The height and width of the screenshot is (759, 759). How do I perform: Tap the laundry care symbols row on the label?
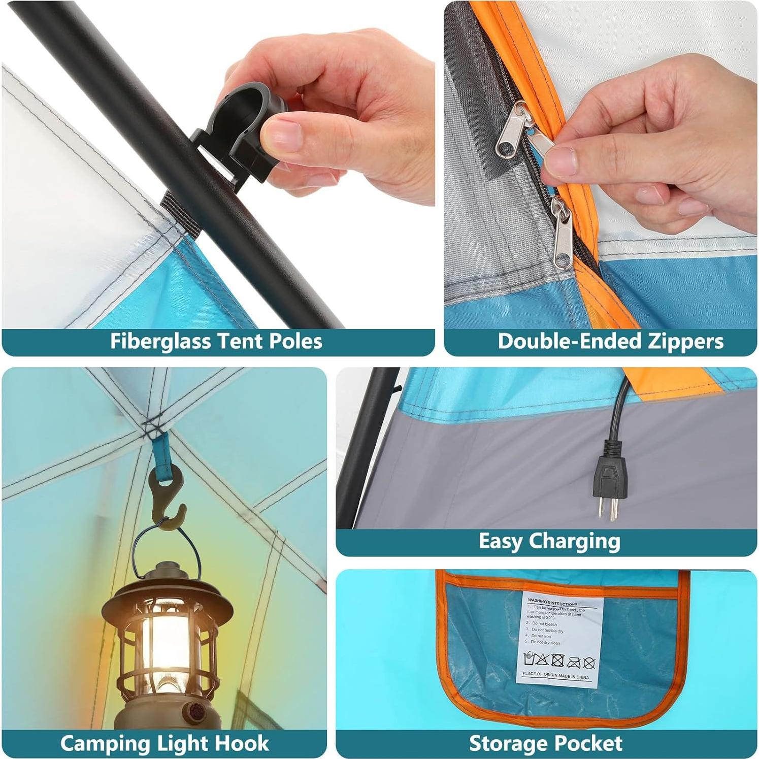click(x=559, y=661)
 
